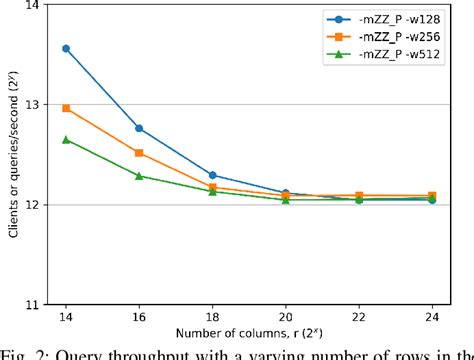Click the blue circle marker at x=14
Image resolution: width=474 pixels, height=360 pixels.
[x=66, y=48]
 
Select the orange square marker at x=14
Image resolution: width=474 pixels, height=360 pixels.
[x=66, y=108]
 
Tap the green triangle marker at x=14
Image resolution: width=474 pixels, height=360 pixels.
[x=66, y=139]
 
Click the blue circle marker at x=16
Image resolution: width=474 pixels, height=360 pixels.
[x=139, y=128]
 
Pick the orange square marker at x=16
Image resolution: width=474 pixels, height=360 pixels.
[x=139, y=153]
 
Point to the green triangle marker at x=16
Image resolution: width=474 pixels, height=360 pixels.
[x=139, y=175]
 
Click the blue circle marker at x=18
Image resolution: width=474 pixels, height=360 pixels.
[x=212, y=175]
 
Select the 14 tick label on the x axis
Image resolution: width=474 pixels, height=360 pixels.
[x=66, y=318]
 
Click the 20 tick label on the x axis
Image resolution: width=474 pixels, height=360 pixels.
[x=285, y=318]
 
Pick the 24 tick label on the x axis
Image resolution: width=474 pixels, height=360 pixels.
[x=431, y=318]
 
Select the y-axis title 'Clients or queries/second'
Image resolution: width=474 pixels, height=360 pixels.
[x=12, y=155]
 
